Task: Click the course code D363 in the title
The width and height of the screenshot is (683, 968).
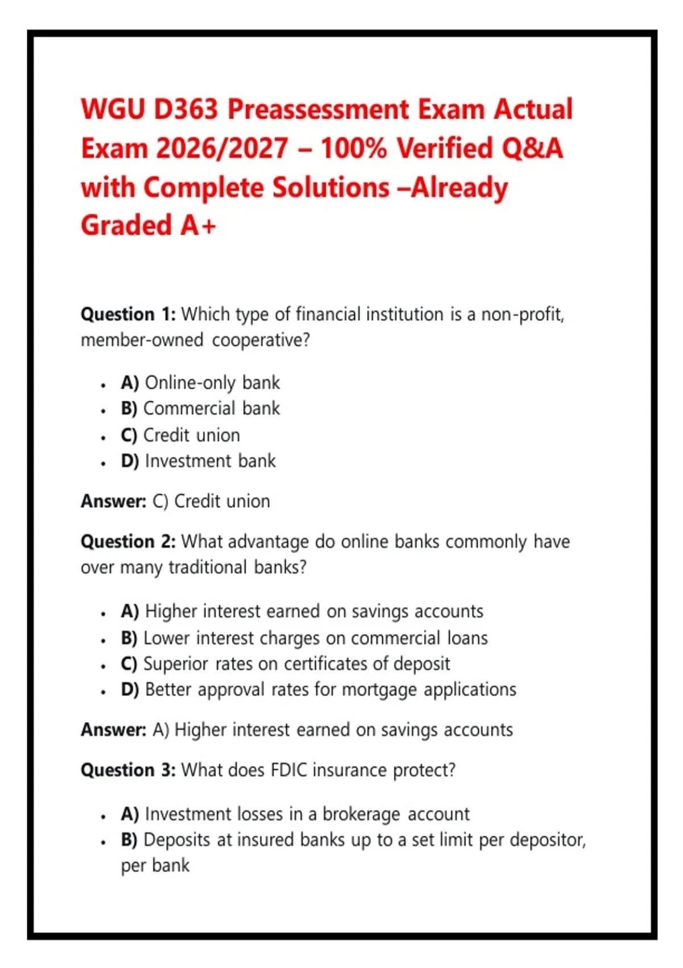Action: point(186,109)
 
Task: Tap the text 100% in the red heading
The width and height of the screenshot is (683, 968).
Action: point(353,148)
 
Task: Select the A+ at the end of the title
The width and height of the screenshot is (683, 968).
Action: point(198,225)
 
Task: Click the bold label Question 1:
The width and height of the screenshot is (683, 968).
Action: point(128,314)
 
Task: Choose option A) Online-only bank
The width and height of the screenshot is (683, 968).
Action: point(200,383)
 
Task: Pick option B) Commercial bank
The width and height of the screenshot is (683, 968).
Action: point(200,408)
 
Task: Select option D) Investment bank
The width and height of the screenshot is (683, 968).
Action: point(198,461)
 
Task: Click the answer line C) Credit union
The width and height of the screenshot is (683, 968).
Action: point(211,501)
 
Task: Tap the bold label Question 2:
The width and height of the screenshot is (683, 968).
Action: point(128,542)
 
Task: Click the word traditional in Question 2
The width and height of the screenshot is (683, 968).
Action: point(208,567)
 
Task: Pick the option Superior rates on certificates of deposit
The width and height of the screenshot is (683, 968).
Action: point(297,664)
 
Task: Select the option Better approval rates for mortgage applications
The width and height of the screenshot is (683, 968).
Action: point(331,690)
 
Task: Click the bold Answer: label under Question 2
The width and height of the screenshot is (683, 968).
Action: point(114,730)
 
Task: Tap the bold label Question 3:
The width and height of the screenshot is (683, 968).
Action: point(128,770)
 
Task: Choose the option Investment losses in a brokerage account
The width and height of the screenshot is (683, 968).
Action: point(307,814)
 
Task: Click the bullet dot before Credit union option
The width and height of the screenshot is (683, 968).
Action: point(103,438)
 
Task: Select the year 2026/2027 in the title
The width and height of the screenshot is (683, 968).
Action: point(222,148)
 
